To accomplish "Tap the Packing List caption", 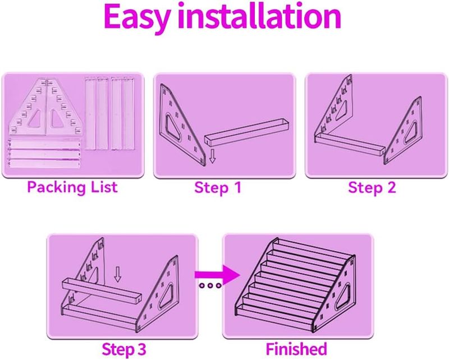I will (72, 186).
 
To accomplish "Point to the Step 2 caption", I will (372, 187).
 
